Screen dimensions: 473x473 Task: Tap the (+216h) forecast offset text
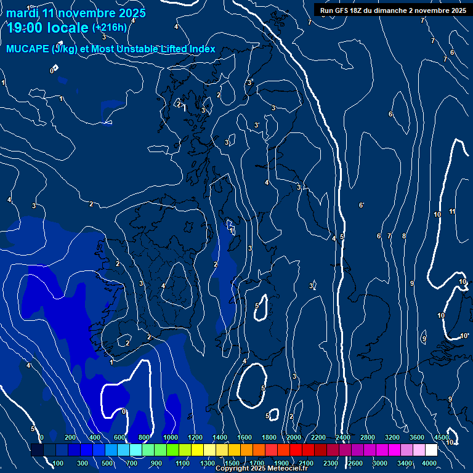pos(109,28)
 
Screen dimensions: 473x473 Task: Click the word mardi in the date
pos(23,13)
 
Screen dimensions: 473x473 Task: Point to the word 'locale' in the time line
pos(68,28)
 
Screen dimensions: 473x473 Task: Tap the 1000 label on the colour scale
pos(171,437)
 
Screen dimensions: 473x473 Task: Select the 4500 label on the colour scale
pos(441,437)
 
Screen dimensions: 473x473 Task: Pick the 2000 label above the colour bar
pos(294,437)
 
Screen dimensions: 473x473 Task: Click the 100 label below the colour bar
pos(59,463)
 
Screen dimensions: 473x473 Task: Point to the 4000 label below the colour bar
pos(429,463)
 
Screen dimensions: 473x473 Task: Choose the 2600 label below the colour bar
pos(355,463)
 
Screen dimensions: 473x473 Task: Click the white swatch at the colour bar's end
pos(431,450)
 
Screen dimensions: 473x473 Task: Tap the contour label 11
pos(452,212)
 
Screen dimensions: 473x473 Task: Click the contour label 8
pos(404,236)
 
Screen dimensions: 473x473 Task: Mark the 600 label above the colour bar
pos(119,437)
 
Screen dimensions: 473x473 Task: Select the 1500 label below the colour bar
pos(232,463)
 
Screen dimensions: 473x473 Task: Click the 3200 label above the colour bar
pos(392,437)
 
